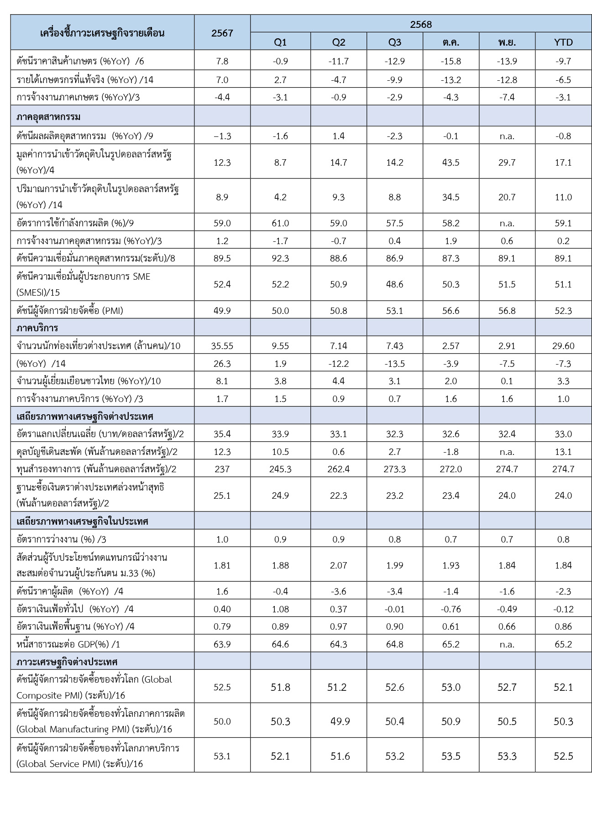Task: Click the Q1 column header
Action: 280,42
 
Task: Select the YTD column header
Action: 563,42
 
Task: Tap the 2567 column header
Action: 222,33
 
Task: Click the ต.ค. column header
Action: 451,42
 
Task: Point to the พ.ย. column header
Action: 507,42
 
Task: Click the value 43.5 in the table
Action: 451,162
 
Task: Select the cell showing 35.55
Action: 222,346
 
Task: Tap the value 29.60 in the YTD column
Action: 563,346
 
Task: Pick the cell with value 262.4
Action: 338,469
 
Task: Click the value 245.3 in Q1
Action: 280,469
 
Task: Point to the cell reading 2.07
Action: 338,565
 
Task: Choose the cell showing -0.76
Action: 451,609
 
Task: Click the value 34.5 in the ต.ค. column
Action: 451,197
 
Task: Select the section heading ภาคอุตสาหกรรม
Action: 49,117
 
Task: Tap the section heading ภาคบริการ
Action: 37,328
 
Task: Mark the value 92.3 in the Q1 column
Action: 280,258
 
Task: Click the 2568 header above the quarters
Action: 420,24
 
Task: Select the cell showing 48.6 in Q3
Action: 394,284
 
